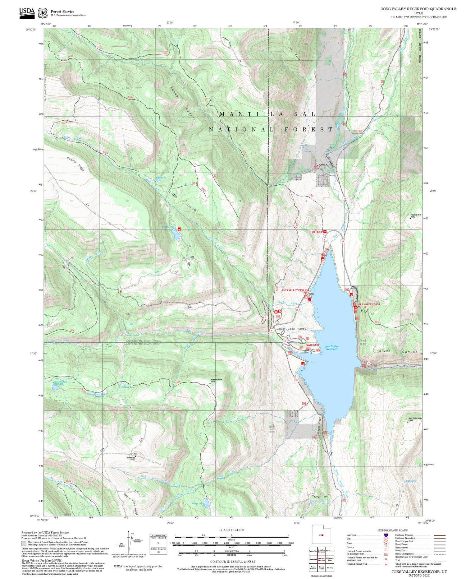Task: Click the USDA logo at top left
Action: click(27, 13)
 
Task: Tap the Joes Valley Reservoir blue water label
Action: click(331, 348)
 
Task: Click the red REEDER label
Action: click(317, 232)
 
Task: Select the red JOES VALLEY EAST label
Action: click(368, 304)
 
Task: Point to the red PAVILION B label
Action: click(312, 345)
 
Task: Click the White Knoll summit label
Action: click(131, 458)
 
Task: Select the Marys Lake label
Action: click(197, 503)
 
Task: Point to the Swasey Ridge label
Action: click(75, 164)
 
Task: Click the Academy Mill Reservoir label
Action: click(60, 383)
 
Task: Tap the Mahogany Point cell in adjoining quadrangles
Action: click(330, 559)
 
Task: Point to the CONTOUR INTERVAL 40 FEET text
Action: click(233, 562)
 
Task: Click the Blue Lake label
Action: click(161, 178)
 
